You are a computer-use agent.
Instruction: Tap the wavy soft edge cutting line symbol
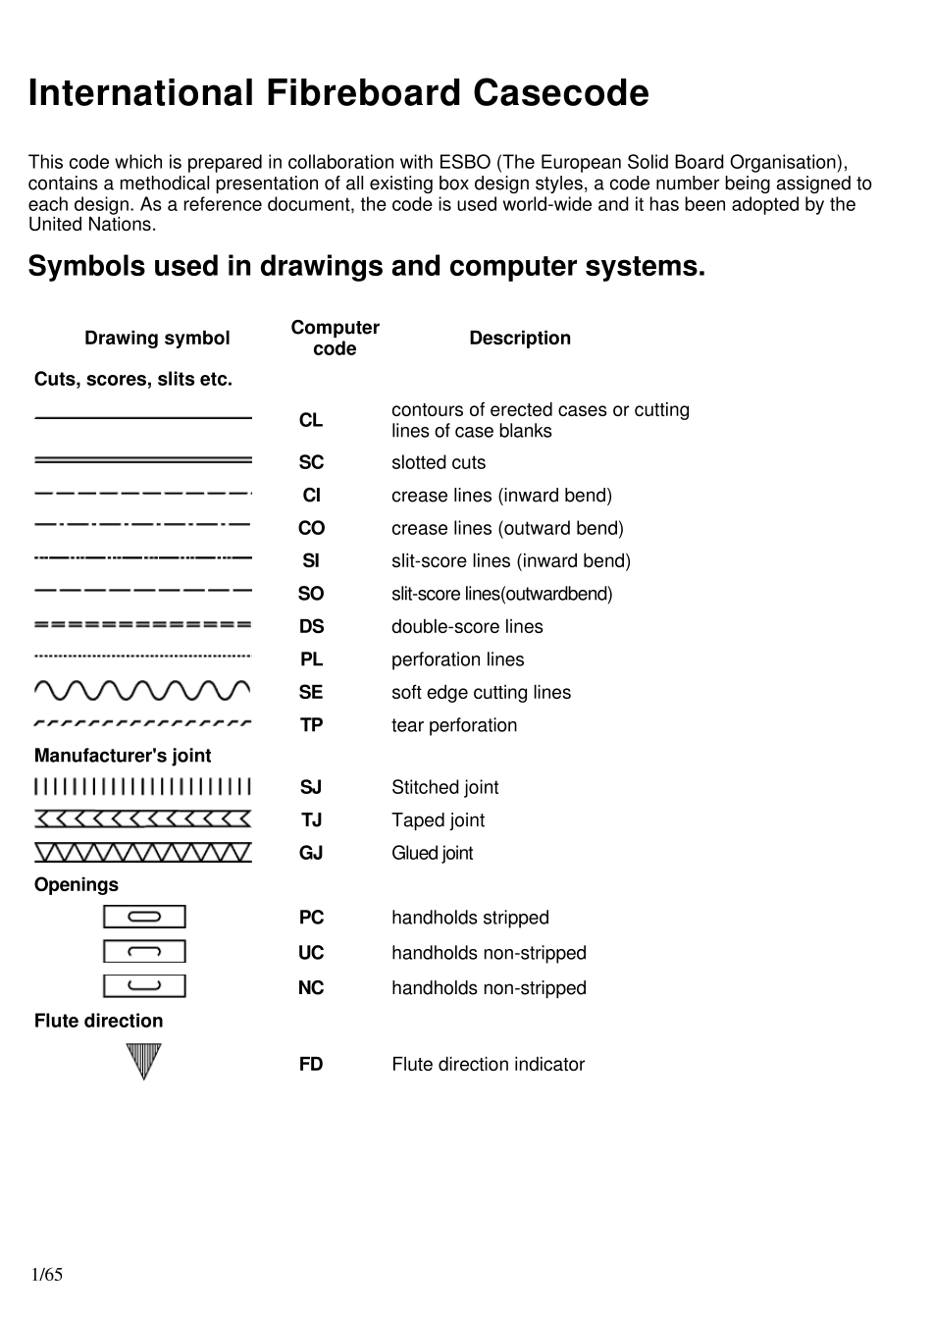[x=143, y=691]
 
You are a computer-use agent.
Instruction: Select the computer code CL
[x=311, y=420]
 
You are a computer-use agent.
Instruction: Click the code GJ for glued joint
[x=311, y=853]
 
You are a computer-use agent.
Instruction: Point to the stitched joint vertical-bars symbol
[x=143, y=787]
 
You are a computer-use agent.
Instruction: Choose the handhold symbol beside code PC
[x=144, y=917]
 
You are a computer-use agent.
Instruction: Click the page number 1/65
[x=47, y=1275]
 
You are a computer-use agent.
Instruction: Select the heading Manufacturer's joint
[x=123, y=756]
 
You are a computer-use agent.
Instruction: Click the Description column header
[x=520, y=338]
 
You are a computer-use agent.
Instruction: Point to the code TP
[x=311, y=725]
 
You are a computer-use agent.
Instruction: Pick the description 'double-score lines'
[x=467, y=627]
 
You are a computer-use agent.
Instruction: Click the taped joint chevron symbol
[x=143, y=819]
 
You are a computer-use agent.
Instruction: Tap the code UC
[x=311, y=953]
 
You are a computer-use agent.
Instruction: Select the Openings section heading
[x=76, y=885]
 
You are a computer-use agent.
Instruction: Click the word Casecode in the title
[x=561, y=93]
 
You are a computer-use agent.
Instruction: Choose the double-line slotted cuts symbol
[x=143, y=460]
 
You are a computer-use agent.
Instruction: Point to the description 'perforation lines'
[x=457, y=659]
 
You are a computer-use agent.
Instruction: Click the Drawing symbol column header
[x=157, y=339]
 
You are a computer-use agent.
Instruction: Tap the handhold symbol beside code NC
[x=144, y=986]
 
